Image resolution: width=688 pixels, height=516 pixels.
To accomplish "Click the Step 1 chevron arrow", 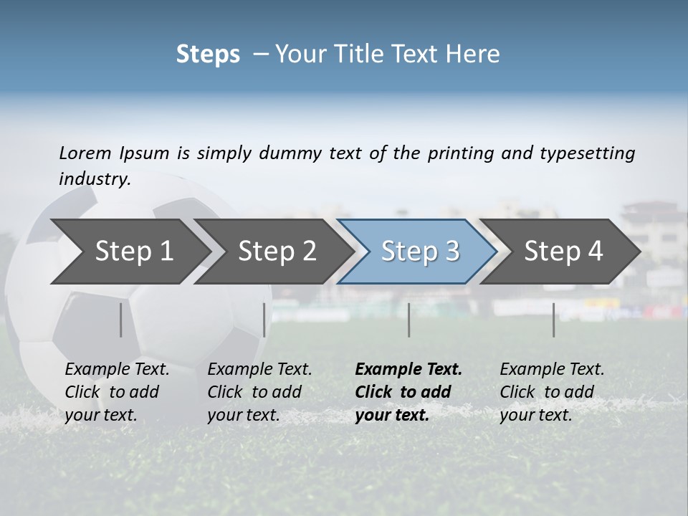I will (129, 251).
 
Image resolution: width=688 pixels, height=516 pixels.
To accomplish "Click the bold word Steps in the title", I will (208, 54).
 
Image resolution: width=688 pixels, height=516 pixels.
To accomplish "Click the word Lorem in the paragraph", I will (85, 153).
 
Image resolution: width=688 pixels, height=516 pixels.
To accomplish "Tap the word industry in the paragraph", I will (94, 179).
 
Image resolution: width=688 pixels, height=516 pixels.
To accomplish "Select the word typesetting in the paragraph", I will (588, 153).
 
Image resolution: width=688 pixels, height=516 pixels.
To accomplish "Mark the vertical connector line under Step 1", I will (121, 320).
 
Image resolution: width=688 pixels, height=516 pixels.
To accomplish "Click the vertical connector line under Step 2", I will (264, 320).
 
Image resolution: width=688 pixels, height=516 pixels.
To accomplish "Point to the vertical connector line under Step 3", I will (408, 320).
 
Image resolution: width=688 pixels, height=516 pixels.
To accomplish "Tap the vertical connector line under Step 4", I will (553, 320).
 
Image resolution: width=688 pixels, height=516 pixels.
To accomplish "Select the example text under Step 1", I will (117, 392).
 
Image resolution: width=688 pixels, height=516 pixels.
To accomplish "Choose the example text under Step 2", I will (259, 392).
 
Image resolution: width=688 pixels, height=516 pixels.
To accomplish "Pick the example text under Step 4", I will (552, 392).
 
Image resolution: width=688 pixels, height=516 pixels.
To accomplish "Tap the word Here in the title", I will (476, 54).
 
